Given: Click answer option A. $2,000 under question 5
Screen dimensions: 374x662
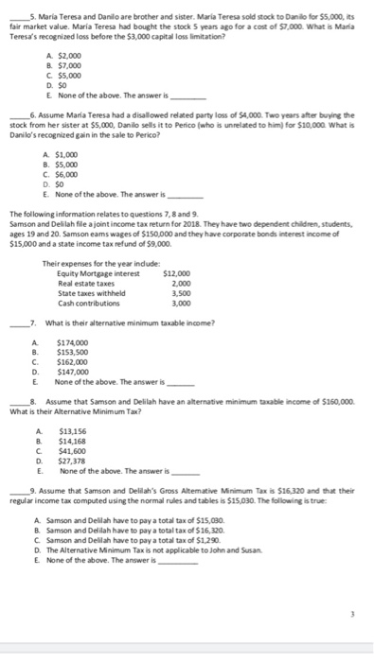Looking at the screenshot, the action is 62,55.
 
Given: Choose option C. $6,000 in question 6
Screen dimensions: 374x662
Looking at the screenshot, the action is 62,175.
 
